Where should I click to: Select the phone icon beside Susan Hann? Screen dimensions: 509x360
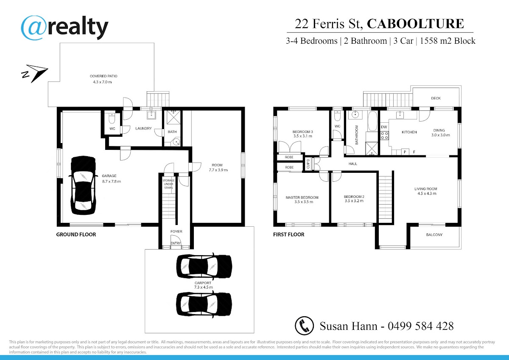[x=304, y=326]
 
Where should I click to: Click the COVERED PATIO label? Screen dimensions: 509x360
[x=103, y=76]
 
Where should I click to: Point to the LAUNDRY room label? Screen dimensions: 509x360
[x=143, y=129]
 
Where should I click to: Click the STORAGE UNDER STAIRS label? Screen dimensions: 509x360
[x=169, y=184]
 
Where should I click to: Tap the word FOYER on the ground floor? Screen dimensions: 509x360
[x=176, y=231]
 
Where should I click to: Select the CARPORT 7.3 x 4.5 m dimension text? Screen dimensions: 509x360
[x=203, y=287]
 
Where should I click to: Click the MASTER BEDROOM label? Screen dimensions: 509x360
[x=302, y=197]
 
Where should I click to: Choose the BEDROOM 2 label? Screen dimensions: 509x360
[x=354, y=197]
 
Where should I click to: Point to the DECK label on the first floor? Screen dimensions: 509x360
[x=436, y=98]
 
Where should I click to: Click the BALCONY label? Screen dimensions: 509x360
[x=434, y=235]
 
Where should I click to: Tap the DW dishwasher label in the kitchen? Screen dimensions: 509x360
[x=384, y=127]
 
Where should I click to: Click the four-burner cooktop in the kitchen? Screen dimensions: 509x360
[x=384, y=135]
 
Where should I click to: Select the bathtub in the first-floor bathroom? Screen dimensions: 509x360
[x=372, y=121]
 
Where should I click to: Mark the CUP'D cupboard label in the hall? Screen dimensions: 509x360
[x=308, y=164]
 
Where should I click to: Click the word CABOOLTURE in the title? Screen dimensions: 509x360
[x=415, y=24]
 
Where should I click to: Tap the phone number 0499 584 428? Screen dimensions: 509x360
[x=421, y=326]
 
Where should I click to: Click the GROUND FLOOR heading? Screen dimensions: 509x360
[x=76, y=234]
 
